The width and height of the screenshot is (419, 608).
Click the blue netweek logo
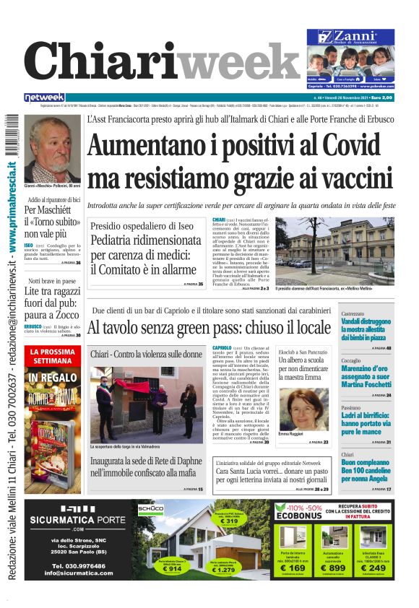pos(44,97)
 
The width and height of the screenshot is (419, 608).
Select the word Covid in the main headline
pos(344,144)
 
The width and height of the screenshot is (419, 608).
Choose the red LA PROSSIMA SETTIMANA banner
pos(54,356)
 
